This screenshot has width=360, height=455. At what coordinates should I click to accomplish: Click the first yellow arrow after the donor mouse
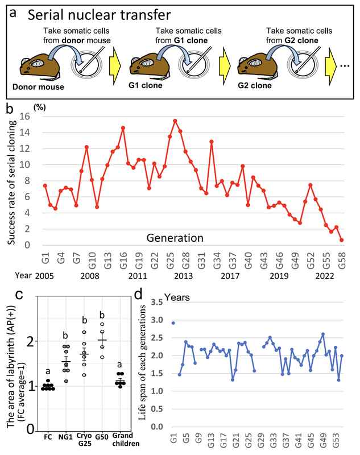(118, 63)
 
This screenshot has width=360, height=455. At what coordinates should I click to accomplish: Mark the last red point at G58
(341, 240)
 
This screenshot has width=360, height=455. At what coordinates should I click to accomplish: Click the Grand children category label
(120, 440)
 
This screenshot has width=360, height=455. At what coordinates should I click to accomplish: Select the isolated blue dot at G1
(173, 323)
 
